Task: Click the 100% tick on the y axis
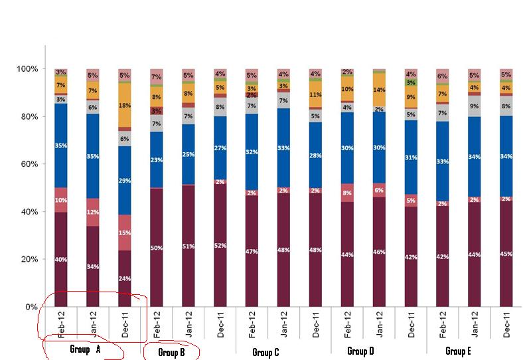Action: pyautogui.click(x=29, y=69)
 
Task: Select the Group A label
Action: pyautogui.click(x=86, y=349)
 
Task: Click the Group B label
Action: pyautogui.click(x=172, y=353)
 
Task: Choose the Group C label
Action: pyautogui.click(x=266, y=353)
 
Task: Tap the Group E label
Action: pyautogui.click(x=458, y=351)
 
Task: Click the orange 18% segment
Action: pyautogui.click(x=125, y=105)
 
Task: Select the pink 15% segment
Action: pyautogui.click(x=125, y=232)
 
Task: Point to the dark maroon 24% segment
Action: pyautogui.click(x=125, y=278)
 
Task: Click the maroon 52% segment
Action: pyautogui.click(x=220, y=245)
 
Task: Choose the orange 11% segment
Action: pyautogui.click(x=315, y=94)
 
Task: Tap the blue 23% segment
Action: pyautogui.click(x=157, y=159)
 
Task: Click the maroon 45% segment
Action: pyautogui.click(x=506, y=253)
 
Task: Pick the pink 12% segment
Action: pyautogui.click(x=93, y=212)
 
